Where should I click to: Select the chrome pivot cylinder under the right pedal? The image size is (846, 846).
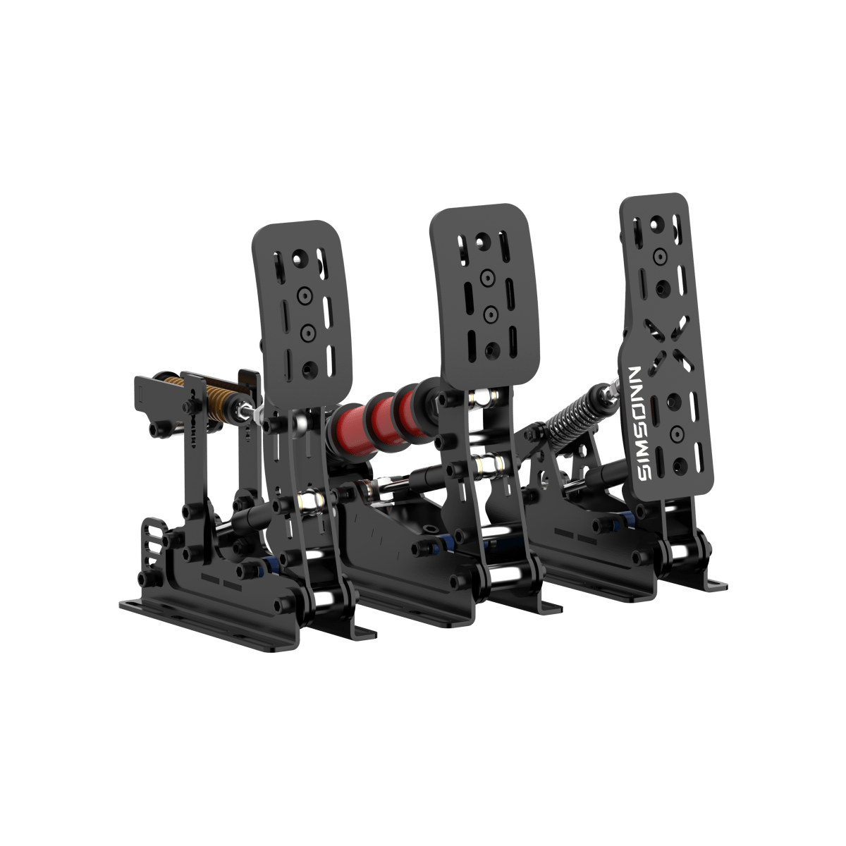click(x=680, y=552)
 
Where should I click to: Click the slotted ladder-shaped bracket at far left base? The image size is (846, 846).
click(x=149, y=544)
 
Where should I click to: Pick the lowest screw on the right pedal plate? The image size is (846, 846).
click(x=680, y=464)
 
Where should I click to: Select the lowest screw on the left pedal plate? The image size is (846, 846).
click(x=307, y=367)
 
